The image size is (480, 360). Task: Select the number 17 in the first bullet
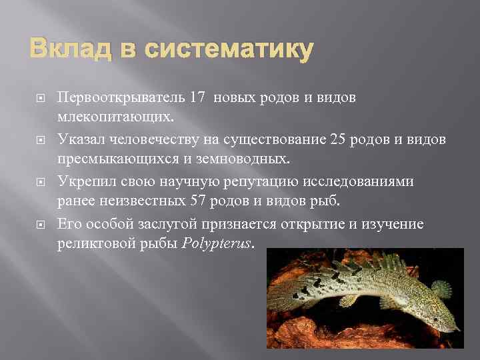(x=198, y=97)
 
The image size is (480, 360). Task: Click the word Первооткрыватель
(x=117, y=97)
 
